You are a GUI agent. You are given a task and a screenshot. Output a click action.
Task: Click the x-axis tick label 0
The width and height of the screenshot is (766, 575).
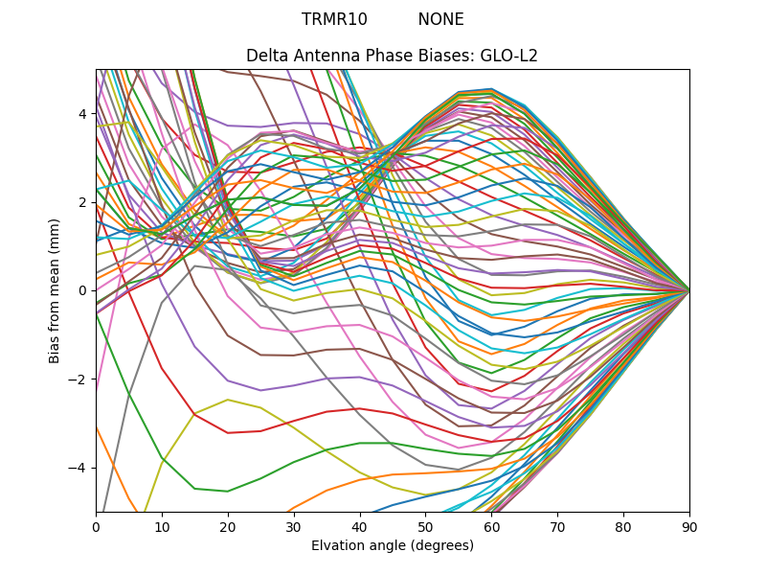click(x=96, y=526)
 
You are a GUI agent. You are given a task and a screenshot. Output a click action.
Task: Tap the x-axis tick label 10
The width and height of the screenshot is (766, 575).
click(x=162, y=526)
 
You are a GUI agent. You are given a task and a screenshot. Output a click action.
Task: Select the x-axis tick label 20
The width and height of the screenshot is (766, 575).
click(x=228, y=526)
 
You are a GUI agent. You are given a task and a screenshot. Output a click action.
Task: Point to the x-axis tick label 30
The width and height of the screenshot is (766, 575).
click(x=294, y=526)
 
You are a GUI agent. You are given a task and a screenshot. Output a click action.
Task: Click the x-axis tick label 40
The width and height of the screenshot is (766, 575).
click(x=360, y=526)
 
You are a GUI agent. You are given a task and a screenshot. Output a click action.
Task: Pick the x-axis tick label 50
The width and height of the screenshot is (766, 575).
click(x=425, y=526)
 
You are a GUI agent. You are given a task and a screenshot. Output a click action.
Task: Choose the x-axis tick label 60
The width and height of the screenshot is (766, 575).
click(x=491, y=526)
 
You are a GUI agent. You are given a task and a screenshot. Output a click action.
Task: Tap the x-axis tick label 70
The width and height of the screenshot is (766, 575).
click(x=557, y=526)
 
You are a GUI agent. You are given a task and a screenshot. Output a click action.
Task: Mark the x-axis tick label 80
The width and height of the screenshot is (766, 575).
click(x=623, y=526)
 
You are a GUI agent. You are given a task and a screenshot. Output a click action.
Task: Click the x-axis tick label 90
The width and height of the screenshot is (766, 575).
click(x=689, y=526)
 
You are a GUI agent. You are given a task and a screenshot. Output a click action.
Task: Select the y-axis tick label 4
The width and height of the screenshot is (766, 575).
click(x=83, y=114)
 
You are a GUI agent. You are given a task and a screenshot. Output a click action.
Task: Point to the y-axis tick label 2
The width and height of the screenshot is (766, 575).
click(x=83, y=202)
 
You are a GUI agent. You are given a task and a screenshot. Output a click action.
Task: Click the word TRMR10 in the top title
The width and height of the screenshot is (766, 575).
click(x=334, y=19)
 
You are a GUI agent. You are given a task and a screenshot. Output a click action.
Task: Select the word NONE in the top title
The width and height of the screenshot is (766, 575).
click(x=440, y=19)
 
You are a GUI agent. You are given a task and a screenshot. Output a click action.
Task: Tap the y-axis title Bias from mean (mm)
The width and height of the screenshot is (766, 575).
click(x=55, y=288)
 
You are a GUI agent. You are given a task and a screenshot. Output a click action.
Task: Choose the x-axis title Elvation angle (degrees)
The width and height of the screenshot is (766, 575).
click(x=393, y=545)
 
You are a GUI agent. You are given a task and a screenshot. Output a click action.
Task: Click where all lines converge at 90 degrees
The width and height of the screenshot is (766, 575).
click(x=689, y=290)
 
